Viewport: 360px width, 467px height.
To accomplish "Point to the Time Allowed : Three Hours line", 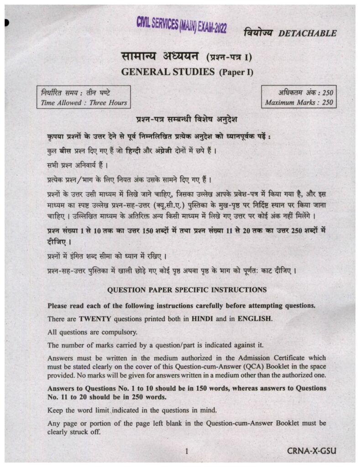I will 84,103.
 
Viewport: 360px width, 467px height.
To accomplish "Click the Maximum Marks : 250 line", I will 299,103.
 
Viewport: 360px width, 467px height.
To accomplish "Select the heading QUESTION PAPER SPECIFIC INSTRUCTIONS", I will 187,290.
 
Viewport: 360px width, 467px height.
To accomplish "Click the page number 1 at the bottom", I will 187,451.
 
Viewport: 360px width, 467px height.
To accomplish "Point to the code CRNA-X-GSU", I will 312,451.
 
